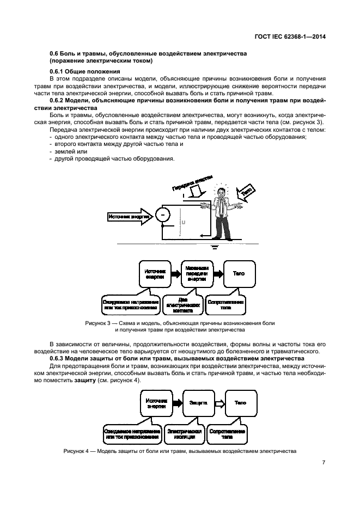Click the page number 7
coord(324,463)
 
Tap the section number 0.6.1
coord(58,72)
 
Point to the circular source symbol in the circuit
coord(162,216)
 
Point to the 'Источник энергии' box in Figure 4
coord(156,403)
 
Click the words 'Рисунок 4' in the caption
coord(77,451)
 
